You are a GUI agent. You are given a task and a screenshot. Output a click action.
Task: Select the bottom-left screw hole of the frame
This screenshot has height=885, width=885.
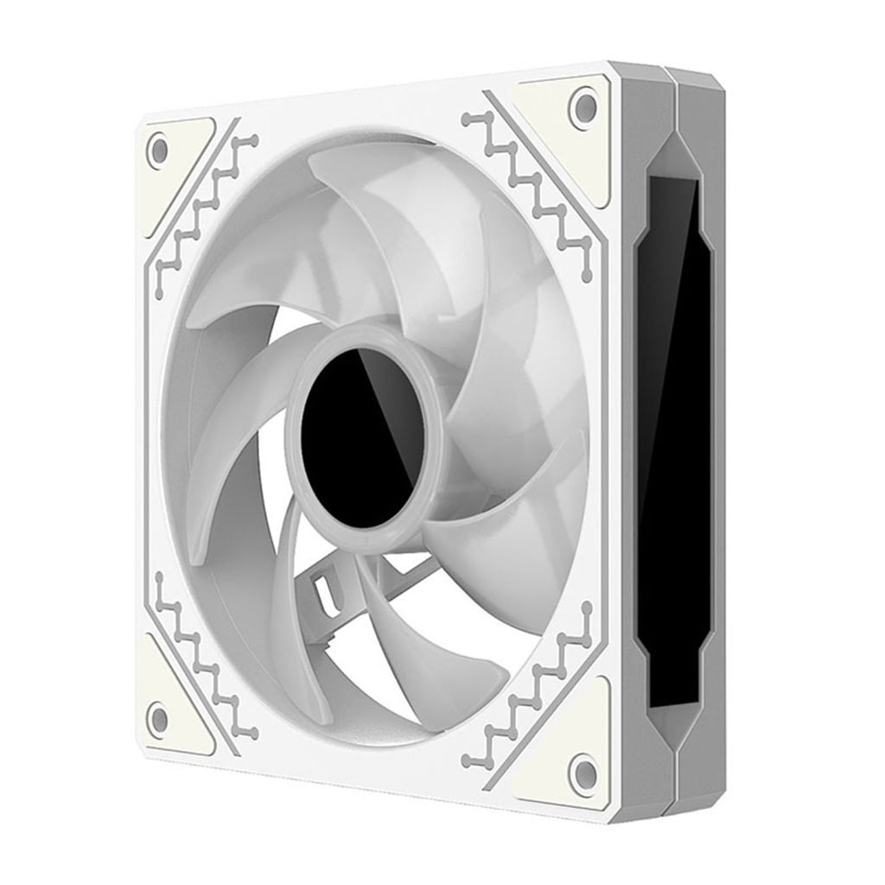click(x=157, y=715)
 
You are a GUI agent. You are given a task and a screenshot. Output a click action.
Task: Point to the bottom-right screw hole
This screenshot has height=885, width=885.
click(x=584, y=768)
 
